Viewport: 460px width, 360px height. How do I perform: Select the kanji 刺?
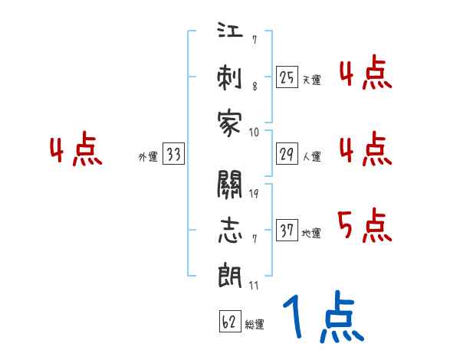point(229,79)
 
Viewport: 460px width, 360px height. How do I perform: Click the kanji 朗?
point(229,273)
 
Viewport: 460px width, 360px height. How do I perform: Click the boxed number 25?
point(287,77)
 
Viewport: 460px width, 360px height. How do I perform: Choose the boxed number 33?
point(173,155)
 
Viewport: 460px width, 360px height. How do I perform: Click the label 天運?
point(311,80)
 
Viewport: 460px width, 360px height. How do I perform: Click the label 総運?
point(255,325)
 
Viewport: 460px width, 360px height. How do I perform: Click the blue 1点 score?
point(322,318)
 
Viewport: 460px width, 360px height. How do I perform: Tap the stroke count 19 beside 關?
point(254,193)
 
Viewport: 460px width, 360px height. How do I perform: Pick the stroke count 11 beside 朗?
point(254,285)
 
